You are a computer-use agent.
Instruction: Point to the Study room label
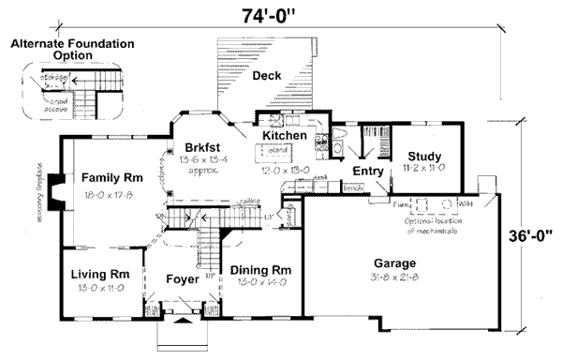pos(424,157)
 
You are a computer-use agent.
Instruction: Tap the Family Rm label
pos(111,177)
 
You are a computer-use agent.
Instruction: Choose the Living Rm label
pos(99,275)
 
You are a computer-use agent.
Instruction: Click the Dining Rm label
pos(259,270)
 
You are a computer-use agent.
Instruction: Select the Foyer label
pos(182,279)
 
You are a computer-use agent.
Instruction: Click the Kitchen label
pos(284,137)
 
